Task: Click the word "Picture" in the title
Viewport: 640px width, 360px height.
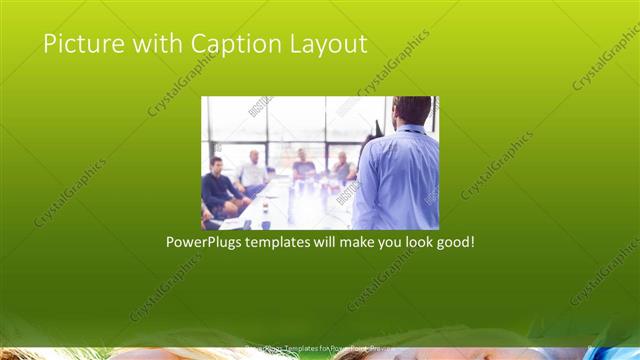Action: [77, 44]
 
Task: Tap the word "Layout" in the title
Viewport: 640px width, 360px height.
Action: [329, 45]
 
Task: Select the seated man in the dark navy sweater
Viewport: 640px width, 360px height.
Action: [219, 186]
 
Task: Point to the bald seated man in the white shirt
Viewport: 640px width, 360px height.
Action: [252, 172]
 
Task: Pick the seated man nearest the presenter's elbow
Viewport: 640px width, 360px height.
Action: [342, 168]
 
